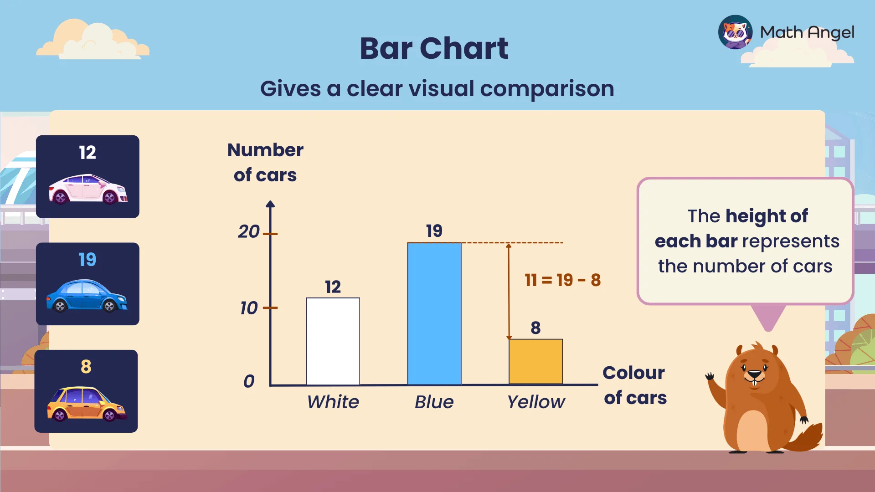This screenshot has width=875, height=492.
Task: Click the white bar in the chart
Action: [333, 341]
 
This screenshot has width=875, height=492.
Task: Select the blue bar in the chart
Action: [434, 314]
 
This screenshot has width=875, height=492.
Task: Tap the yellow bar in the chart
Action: [535, 362]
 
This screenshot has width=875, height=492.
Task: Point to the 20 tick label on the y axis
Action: [249, 232]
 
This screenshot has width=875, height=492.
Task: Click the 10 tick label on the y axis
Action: [249, 308]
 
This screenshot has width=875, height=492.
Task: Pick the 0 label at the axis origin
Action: [249, 381]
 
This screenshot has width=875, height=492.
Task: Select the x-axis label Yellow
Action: [536, 402]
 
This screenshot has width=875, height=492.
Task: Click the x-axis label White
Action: [333, 402]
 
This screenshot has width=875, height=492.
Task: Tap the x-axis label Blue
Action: [434, 402]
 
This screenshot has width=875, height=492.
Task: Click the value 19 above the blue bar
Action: [434, 231]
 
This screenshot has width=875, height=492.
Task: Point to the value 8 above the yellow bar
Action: [535, 328]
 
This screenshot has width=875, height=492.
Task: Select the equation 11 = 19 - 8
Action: [562, 280]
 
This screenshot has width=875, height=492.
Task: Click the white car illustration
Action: [88, 189]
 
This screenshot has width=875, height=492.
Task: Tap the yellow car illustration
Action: [86, 404]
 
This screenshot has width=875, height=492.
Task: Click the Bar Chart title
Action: [434, 48]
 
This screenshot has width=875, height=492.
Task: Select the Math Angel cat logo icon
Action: [735, 32]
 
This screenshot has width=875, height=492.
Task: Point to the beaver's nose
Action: [755, 374]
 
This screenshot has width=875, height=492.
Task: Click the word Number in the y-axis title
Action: [265, 150]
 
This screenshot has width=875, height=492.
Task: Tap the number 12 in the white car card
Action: [87, 153]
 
